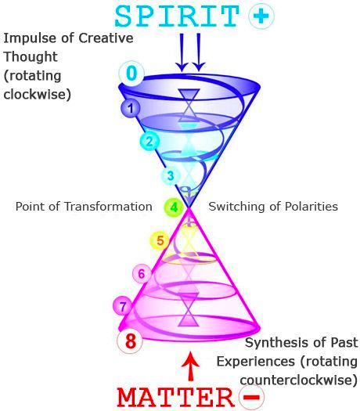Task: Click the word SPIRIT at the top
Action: coord(177,16)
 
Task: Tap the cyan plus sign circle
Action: coord(261,16)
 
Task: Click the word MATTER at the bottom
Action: coord(175,397)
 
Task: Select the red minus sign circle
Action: coord(251,397)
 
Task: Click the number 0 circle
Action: coord(131,73)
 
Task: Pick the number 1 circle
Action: coord(130,108)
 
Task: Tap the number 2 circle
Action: coord(149,141)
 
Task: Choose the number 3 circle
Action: coord(171,176)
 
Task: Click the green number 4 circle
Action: coord(174,207)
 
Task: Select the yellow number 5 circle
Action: coord(160,240)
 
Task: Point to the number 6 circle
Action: coord(142,274)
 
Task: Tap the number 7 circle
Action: coord(123,306)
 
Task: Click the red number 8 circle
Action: coord(130,341)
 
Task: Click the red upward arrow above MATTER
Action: coord(191,366)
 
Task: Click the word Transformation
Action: coord(108,207)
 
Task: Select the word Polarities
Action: coord(311,207)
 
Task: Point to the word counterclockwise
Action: coord(299,380)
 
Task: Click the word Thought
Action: coord(31,57)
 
